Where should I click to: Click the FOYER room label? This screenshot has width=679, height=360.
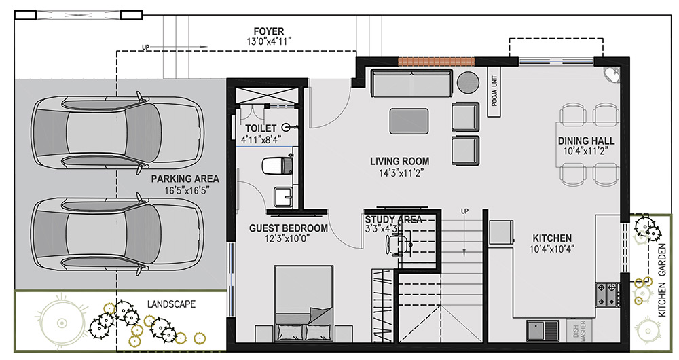[268, 31]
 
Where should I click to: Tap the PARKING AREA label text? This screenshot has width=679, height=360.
[185, 179]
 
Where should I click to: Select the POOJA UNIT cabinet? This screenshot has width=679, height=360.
[494, 92]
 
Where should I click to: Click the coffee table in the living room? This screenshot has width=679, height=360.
[409, 121]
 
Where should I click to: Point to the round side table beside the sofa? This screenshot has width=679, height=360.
[468, 82]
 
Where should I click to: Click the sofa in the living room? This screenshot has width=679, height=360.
[411, 83]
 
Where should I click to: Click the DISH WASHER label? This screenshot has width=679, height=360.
[579, 331]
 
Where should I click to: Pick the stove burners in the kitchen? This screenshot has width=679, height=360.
[607, 294]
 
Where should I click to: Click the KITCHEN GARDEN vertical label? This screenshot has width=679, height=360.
[663, 280]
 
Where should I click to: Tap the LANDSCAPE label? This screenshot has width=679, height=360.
[171, 304]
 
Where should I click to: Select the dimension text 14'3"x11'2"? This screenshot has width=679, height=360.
[400, 173]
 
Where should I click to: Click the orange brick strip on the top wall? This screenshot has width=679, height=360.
[437, 62]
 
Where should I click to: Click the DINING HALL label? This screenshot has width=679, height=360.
[586, 141]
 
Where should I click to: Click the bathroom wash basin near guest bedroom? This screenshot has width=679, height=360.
[282, 197]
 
